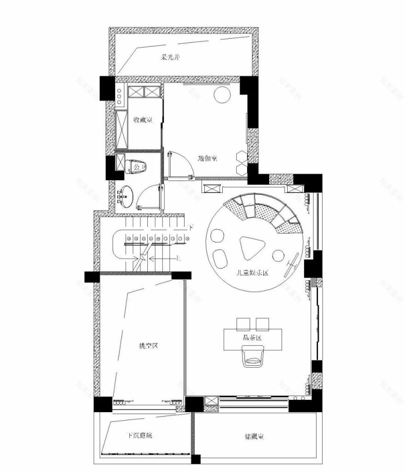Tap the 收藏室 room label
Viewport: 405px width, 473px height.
143,120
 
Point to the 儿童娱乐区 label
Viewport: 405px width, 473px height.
252,273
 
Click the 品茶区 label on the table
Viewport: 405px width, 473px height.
253,338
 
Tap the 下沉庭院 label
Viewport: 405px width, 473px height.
139,436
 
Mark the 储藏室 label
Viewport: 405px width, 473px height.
254,436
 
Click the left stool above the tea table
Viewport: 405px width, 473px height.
243,324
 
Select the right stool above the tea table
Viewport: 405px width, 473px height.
263,324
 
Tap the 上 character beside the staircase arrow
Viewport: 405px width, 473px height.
179,258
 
